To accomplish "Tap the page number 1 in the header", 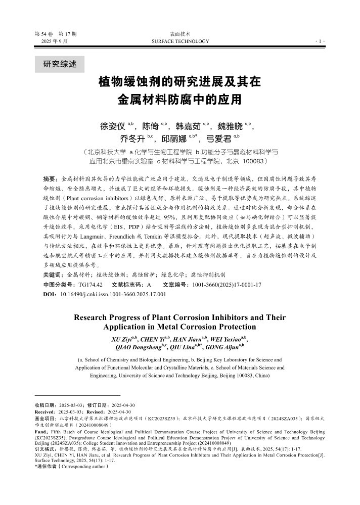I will click(321, 41).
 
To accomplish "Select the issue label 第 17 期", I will click(68, 34).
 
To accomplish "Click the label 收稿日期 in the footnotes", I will click(45, 405).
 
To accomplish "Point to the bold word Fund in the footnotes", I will click(40, 432).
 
